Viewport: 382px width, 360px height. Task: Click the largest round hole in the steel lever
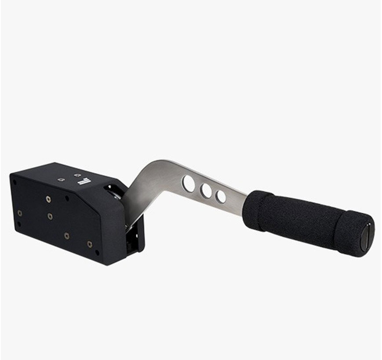click(x=189, y=184)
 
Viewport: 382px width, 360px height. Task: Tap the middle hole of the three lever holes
click(x=206, y=191)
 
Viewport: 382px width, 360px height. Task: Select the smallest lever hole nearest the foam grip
click(x=221, y=196)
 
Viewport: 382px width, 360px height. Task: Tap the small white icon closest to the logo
click(x=78, y=175)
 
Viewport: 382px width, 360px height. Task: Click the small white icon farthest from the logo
click(x=61, y=179)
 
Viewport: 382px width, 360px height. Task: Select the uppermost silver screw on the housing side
click(x=48, y=199)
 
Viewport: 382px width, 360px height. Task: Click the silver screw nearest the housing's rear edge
click(x=20, y=213)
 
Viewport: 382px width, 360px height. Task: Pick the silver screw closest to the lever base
click(x=90, y=244)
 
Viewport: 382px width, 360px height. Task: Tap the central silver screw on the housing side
click(x=50, y=216)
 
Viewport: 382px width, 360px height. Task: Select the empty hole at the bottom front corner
click(x=97, y=252)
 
